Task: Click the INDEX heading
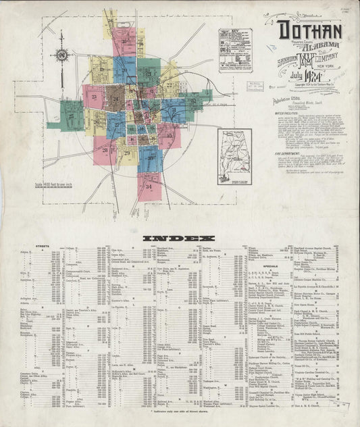(x=179, y=238)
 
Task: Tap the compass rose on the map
(x=63, y=56)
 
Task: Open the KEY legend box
(x=235, y=51)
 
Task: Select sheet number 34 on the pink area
(x=149, y=184)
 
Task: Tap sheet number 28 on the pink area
(x=105, y=152)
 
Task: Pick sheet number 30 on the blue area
(x=150, y=157)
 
